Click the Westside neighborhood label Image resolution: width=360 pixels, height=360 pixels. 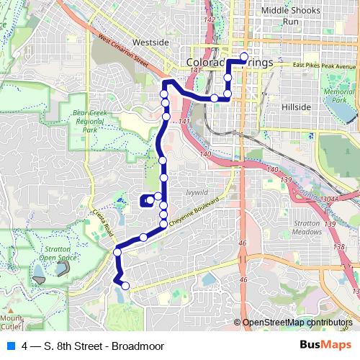tap(150, 42)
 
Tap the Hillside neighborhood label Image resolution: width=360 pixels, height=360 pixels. tap(295, 107)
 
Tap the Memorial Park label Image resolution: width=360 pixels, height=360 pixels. tap(338, 96)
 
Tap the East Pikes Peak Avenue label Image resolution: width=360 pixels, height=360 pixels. tap(325, 67)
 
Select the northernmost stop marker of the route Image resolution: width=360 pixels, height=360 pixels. tap(243, 57)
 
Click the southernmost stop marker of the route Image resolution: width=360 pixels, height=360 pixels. tap(125, 286)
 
